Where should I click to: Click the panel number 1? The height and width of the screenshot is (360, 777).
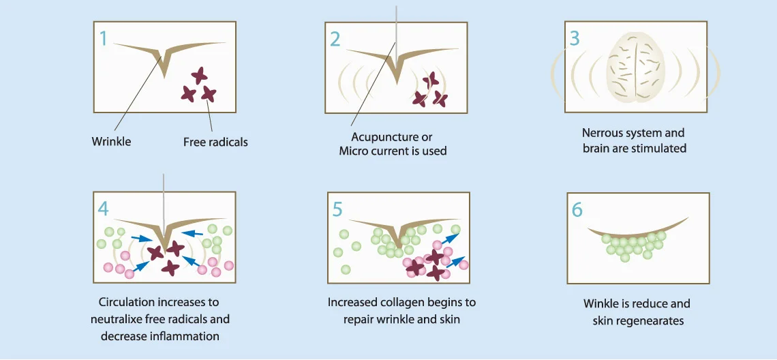click(x=104, y=38)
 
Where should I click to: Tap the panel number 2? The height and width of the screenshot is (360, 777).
click(x=335, y=39)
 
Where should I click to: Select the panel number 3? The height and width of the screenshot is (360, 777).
click(x=574, y=37)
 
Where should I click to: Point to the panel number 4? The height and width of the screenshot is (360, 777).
click(x=104, y=208)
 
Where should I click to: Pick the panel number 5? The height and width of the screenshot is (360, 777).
click(x=337, y=209)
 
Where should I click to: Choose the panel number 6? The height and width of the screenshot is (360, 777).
click(x=577, y=209)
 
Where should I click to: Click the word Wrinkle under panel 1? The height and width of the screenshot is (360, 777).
click(x=111, y=142)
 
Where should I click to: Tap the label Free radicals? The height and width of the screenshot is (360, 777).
click(x=215, y=142)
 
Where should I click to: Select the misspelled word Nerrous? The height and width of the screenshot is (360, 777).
click(x=601, y=133)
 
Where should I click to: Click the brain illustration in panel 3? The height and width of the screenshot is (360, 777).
click(x=636, y=67)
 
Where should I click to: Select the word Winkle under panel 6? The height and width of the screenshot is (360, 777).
click(x=602, y=303)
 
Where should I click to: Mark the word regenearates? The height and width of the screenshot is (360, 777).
click(x=648, y=320)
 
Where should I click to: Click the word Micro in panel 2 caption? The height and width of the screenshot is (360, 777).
click(x=354, y=151)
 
